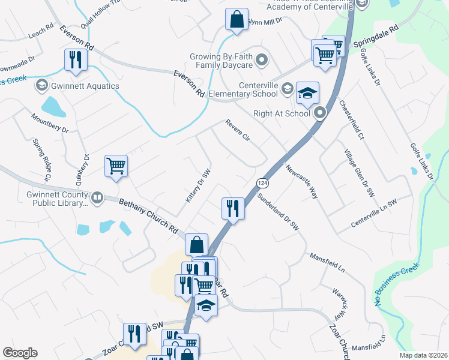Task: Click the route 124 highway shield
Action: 262,182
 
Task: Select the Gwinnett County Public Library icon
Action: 97,197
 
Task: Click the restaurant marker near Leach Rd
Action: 76,60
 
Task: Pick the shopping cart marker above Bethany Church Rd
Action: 116,166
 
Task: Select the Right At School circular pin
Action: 319,112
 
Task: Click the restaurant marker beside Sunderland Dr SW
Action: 232,208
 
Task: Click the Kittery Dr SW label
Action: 199,185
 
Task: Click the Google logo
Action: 20,353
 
